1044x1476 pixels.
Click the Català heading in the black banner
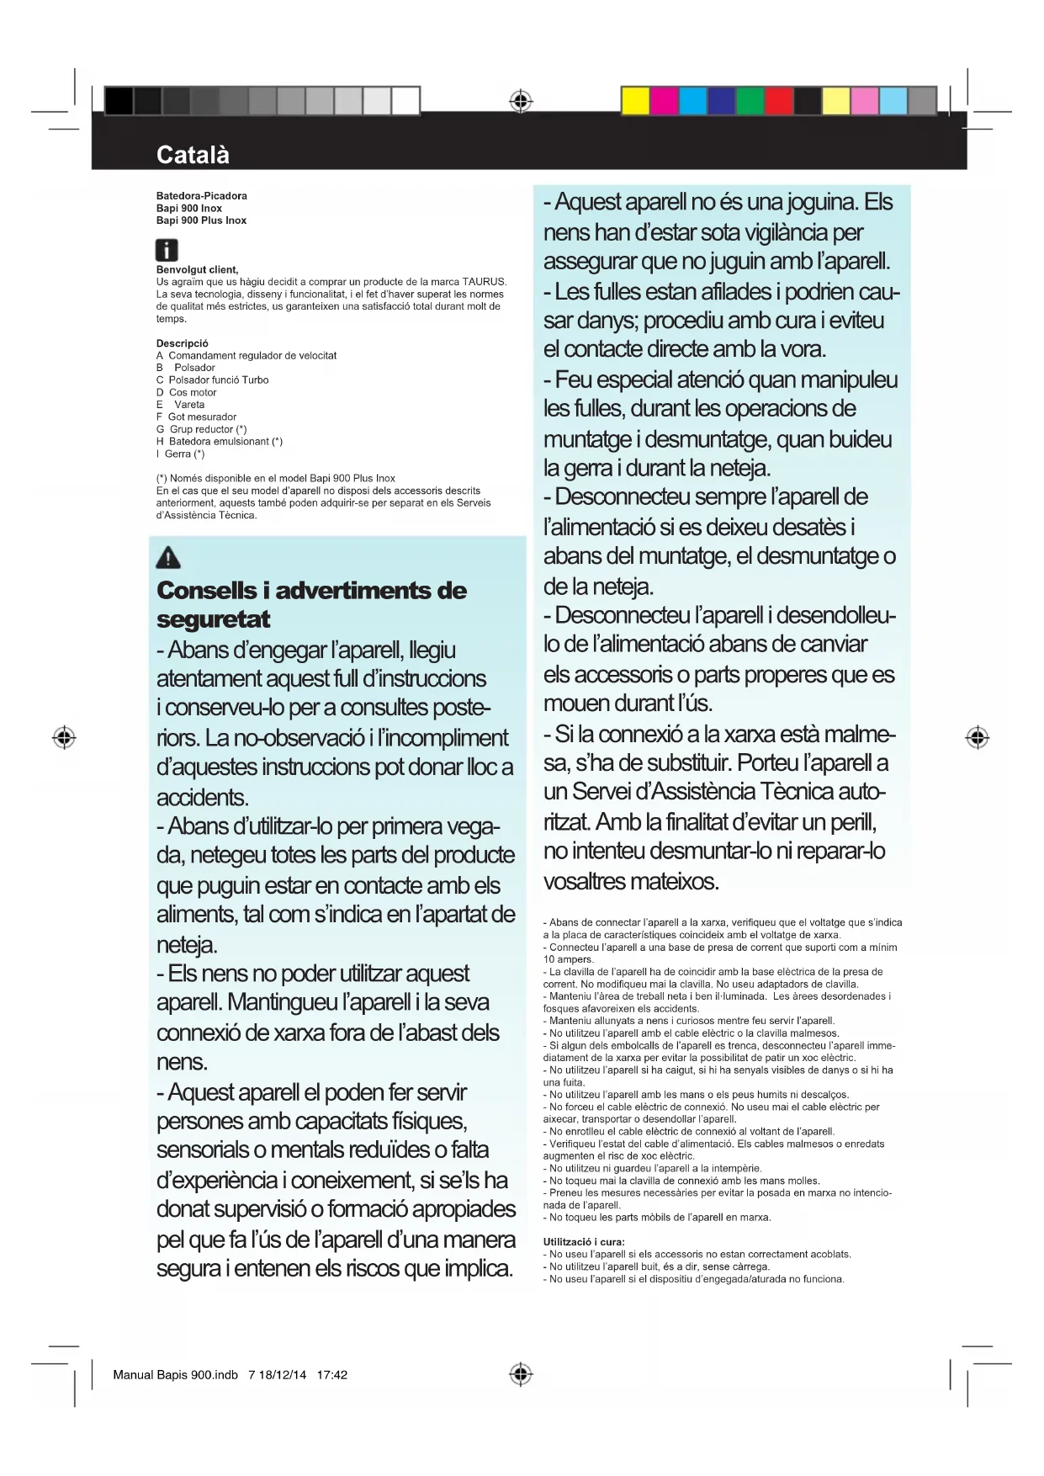(193, 155)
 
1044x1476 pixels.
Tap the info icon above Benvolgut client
(167, 250)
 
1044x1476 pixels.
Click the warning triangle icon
(168, 557)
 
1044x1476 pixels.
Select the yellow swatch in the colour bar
(635, 101)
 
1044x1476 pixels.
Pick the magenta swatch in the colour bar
(664, 101)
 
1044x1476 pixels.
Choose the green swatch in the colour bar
(750, 101)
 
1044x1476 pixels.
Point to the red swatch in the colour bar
(778, 101)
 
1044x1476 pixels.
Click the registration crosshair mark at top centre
(521, 101)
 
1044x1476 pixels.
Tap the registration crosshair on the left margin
(64, 737)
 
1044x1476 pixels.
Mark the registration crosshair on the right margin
(977, 737)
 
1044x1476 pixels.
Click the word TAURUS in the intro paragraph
(484, 282)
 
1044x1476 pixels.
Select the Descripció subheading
(182, 343)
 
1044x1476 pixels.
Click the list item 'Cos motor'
(193, 392)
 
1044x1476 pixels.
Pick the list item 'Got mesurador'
(202, 417)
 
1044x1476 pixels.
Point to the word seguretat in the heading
(213, 619)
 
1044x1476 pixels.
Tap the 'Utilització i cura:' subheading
(584, 1242)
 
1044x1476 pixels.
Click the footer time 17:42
(332, 1375)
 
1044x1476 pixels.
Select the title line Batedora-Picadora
(202, 196)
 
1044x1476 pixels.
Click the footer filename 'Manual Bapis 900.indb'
(175, 1375)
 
